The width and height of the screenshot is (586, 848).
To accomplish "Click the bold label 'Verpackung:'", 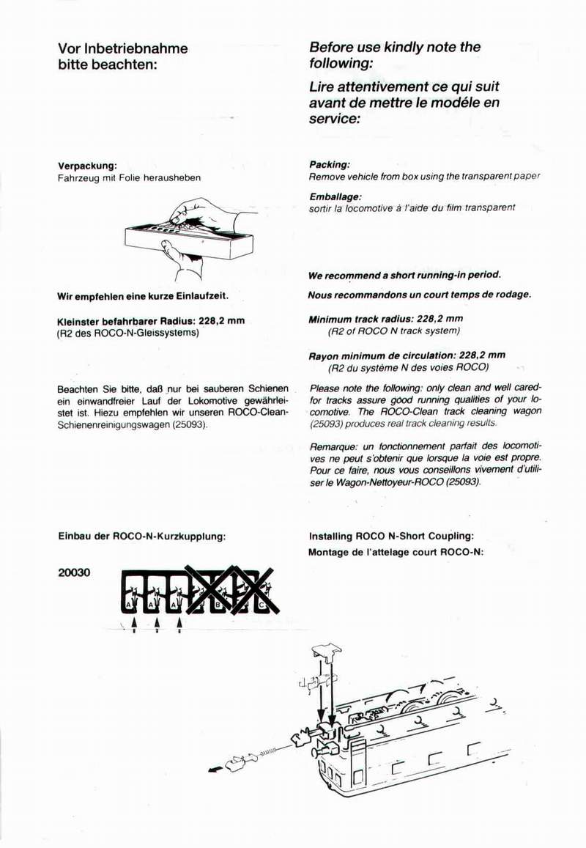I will click(87, 166).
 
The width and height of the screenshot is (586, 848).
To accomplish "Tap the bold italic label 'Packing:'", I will click(329, 165).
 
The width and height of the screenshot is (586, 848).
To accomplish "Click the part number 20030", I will click(73, 572).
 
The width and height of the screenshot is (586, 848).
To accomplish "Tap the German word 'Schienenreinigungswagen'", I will click(105, 424).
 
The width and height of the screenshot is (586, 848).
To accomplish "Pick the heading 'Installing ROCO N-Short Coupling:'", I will click(391, 536).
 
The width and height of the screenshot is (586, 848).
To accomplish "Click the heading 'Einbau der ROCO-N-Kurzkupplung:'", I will click(141, 536).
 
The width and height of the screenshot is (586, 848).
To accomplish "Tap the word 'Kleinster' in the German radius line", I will click(80, 320).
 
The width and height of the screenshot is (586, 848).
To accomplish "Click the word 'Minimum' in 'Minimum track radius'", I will click(331, 319).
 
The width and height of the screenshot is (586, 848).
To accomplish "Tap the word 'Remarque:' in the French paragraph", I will click(334, 446).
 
